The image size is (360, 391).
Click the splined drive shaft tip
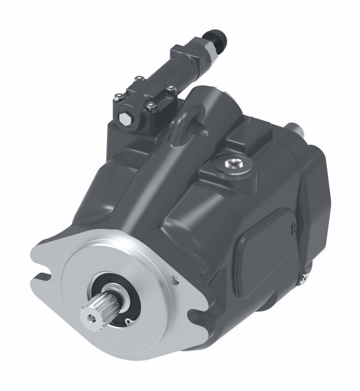(94, 309)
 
